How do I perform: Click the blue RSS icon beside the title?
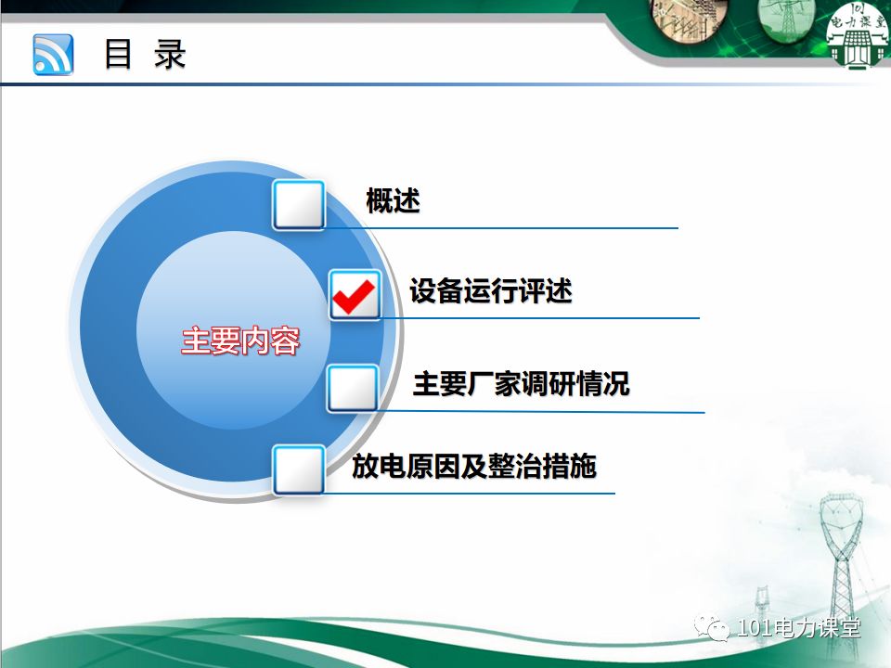click(x=53, y=54)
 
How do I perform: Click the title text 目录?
click(x=145, y=54)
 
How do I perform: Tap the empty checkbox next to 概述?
click(x=298, y=205)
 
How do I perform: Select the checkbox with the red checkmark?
click(x=355, y=295)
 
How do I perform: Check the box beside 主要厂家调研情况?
click(x=353, y=389)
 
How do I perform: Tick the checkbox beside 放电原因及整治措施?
click(x=298, y=469)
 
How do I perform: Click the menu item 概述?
click(x=393, y=200)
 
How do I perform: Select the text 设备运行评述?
click(x=491, y=291)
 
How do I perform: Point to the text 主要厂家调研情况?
click(x=521, y=383)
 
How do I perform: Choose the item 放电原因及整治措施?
click(x=473, y=466)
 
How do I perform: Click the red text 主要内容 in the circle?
click(x=240, y=340)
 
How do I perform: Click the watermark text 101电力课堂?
click(x=799, y=628)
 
